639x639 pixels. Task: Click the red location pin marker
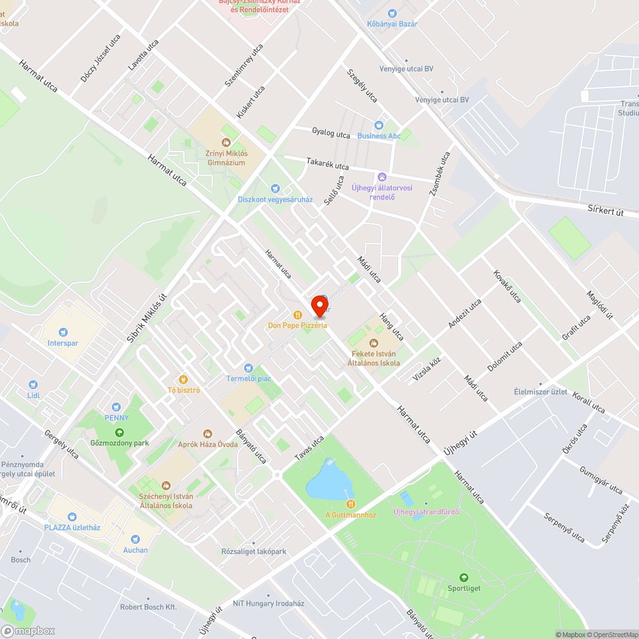pos(319,305)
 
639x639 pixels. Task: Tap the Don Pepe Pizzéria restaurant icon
pos(298,314)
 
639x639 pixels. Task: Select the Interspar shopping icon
pos(63,332)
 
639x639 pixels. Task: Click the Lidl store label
pos(33,395)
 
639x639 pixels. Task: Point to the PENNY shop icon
pos(116,407)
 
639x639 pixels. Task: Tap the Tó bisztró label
pos(184,390)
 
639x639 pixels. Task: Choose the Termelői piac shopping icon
pos(249,368)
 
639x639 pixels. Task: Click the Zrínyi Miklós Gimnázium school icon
pos(226,142)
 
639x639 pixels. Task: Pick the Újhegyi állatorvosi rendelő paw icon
pos(382,176)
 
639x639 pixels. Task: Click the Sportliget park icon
pos(465,578)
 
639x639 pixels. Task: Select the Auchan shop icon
pos(135,539)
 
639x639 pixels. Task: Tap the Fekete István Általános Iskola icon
pos(374,343)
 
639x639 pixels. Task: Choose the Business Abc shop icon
pos(379,125)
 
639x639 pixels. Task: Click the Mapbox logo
pos(28,631)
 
